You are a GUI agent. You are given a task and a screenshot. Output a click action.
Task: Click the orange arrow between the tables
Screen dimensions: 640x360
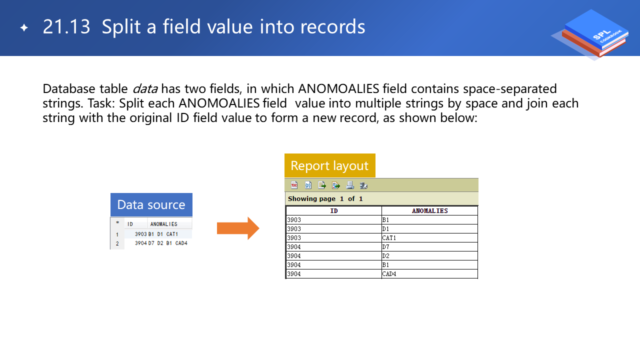coord(238,228)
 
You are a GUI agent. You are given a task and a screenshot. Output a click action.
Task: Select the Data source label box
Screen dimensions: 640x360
coord(151,204)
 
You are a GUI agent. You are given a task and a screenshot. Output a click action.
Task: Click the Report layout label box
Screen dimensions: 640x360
coord(329,165)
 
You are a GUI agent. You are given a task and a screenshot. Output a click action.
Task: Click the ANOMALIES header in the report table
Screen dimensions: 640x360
coord(429,211)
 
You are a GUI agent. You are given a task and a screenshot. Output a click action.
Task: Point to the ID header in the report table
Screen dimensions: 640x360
coord(334,211)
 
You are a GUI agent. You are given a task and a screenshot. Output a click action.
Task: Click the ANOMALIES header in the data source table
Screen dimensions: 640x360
coord(163,224)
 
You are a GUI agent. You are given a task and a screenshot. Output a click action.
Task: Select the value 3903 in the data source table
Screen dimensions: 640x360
coord(141,234)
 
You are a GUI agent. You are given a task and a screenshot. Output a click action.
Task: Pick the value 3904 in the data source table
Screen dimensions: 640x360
coord(141,243)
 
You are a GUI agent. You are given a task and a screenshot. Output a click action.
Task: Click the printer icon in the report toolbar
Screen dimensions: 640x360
coord(350,185)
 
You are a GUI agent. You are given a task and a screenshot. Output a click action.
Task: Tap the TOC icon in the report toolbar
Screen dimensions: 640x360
coord(294,185)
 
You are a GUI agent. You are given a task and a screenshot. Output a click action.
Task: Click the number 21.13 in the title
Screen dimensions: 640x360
coord(66,27)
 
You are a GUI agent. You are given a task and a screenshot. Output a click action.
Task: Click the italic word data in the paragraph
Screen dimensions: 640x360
coord(145,88)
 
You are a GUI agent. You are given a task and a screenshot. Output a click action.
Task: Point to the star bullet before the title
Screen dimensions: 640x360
coord(24,27)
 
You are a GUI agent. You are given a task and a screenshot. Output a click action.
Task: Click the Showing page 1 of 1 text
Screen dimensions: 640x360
coord(325,199)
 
